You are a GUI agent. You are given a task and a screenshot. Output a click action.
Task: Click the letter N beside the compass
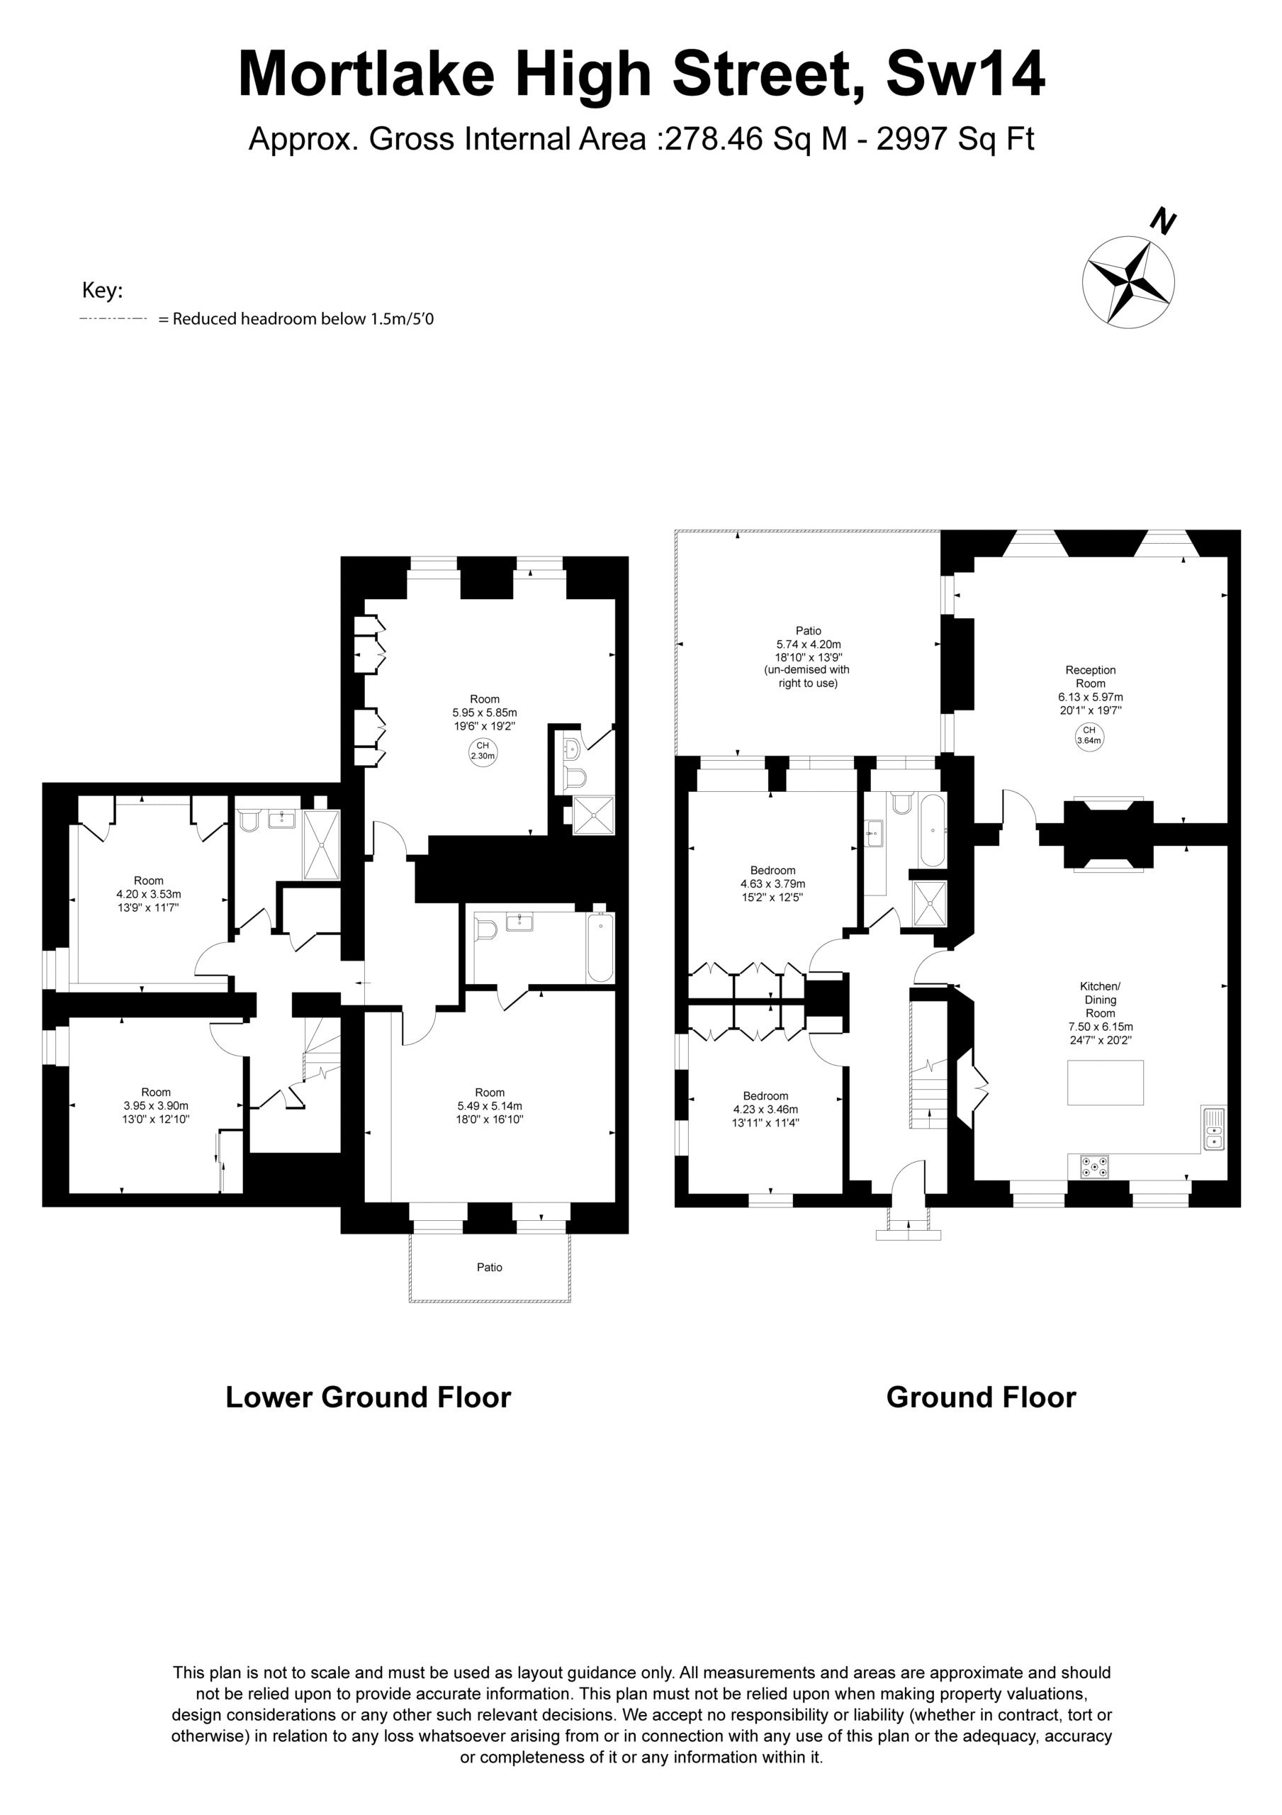tap(1163, 221)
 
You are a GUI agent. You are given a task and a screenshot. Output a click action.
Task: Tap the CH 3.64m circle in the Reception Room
tap(1089, 736)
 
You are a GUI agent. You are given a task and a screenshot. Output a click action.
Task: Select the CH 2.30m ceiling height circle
tap(483, 751)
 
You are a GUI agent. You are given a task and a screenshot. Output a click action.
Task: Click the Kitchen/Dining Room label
tap(1100, 999)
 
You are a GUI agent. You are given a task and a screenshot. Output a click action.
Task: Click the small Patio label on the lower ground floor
tap(489, 1267)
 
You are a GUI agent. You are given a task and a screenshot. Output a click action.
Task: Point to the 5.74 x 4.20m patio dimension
tap(809, 644)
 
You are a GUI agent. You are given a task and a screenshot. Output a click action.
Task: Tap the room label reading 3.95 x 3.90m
tap(156, 1106)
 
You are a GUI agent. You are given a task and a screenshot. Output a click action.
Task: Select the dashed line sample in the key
tap(113, 318)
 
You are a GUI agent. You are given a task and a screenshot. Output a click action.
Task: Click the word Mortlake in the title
tap(366, 74)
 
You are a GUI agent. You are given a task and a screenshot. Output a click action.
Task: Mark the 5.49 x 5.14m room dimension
tap(489, 1106)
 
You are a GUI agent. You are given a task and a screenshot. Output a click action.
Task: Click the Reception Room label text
tap(1091, 676)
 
